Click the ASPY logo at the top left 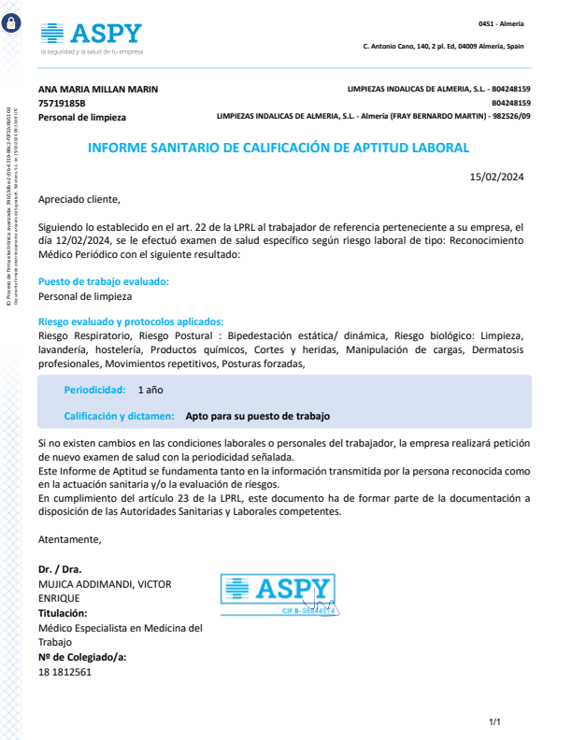tap(91, 36)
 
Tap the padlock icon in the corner tap(11, 25)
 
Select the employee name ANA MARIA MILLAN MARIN tap(98, 89)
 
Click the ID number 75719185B tap(62, 103)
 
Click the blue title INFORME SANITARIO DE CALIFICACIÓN tap(278, 148)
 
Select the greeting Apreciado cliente tap(79, 199)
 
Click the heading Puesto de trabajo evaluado tap(104, 281)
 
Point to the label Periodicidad tap(94, 389)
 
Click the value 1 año tap(150, 389)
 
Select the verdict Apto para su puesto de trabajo tap(258, 416)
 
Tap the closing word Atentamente tap(69, 539)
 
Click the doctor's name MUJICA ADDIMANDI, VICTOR tap(104, 584)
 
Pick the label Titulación tap(63, 613)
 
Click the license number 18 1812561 tap(64, 672)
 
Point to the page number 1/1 tap(495, 721)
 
